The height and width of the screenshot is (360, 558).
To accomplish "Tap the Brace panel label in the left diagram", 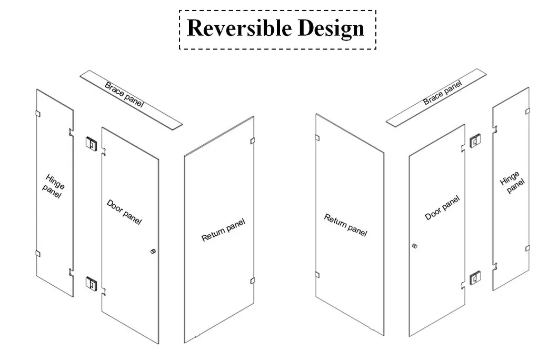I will (124, 95).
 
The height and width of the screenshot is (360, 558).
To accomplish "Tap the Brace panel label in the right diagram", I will (443, 93).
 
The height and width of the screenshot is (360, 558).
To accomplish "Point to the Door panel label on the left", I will (124, 212).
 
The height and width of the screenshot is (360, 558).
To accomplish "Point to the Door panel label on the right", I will (442, 208).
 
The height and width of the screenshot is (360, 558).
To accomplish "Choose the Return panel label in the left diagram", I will (223, 230).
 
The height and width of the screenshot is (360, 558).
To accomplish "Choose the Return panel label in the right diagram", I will (345, 225).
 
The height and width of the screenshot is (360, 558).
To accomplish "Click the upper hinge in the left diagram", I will (91, 143).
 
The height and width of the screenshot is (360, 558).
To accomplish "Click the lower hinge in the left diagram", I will (91, 283).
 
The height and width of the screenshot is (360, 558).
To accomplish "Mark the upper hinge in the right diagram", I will (475, 139).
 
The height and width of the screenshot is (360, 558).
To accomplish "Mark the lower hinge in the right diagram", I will (475, 278).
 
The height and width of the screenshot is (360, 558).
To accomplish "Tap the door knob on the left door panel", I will (153, 251).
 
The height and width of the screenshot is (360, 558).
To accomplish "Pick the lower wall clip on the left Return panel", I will (252, 281).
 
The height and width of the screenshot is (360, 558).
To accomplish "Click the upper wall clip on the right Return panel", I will (317, 137).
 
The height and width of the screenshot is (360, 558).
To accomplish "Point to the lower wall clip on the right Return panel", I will (317, 274).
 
